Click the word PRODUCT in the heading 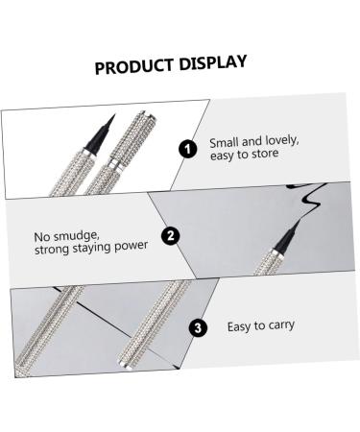click(134, 68)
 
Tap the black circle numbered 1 click(188, 148)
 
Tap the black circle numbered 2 click(170, 236)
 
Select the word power click(130, 245)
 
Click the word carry click(278, 326)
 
